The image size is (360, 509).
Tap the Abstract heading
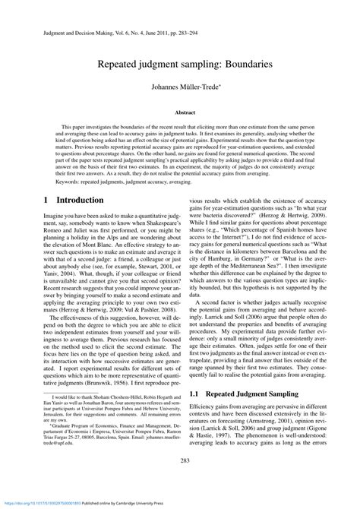180,112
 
